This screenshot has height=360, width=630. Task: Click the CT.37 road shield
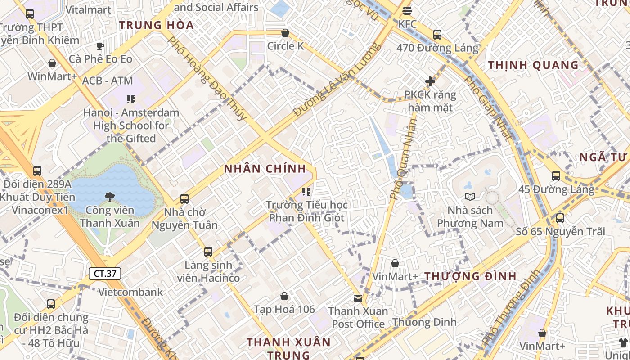[x=105, y=273]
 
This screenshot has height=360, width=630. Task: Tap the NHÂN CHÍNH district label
[x=265, y=169]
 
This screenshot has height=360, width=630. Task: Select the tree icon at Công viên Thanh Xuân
[x=109, y=197]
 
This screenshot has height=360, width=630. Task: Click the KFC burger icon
[x=407, y=10]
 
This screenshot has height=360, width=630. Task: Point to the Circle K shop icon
[x=285, y=33]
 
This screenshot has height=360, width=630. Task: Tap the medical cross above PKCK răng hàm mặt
[x=430, y=81]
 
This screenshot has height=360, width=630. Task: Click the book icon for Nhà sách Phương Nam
[x=470, y=197]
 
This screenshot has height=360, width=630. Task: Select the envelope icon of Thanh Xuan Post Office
[x=358, y=297]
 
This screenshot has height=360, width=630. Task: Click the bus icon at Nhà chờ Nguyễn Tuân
[x=184, y=198]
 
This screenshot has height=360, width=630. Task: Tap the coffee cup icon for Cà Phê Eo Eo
[x=100, y=45]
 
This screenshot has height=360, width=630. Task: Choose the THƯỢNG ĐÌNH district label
[x=471, y=276]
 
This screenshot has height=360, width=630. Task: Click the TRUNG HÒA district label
[x=157, y=25]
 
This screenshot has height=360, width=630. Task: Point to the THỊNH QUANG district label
[x=533, y=65]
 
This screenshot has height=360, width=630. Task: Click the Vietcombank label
[x=130, y=292]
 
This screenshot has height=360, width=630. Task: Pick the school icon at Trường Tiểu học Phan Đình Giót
[x=306, y=192]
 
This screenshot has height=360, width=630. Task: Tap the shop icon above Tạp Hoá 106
[x=284, y=296]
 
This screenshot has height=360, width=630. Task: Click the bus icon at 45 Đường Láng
[x=556, y=176]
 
